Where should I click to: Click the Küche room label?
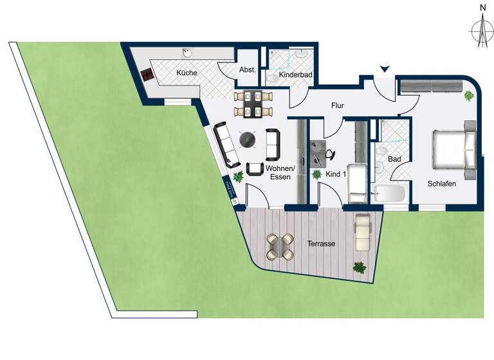click(187, 73)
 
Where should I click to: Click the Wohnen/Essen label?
click(280, 173)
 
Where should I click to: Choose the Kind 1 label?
click(336, 174)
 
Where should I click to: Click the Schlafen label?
click(441, 184)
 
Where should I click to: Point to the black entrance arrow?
click(385, 69)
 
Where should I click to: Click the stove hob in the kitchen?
click(148, 74)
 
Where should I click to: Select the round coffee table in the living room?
click(246, 139)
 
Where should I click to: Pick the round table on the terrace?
click(281, 245)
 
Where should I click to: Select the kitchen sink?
click(187, 52)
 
